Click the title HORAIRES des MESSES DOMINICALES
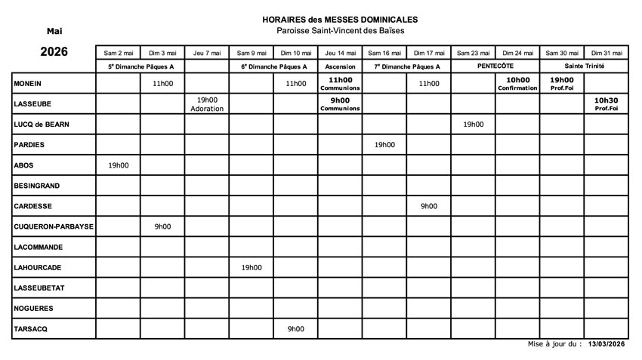coord(339,19)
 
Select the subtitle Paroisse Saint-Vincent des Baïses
coord(339,30)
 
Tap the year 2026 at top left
coord(54,52)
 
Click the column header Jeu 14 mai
coord(340,53)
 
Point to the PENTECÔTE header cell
coord(495,66)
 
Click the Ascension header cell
coord(340,66)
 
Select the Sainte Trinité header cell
coord(585,66)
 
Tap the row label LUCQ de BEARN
coord(45,125)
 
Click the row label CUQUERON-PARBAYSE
coord(53,226)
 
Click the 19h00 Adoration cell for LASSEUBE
coord(207,104)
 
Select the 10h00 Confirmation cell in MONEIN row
coord(517,84)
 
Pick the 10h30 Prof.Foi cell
coord(607,104)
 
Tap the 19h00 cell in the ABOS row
coord(118,165)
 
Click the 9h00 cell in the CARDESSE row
coord(429,206)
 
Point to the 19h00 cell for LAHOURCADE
coord(252,267)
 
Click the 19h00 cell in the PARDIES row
coord(384,145)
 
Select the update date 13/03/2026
coord(607,344)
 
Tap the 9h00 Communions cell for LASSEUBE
coord(340,104)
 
